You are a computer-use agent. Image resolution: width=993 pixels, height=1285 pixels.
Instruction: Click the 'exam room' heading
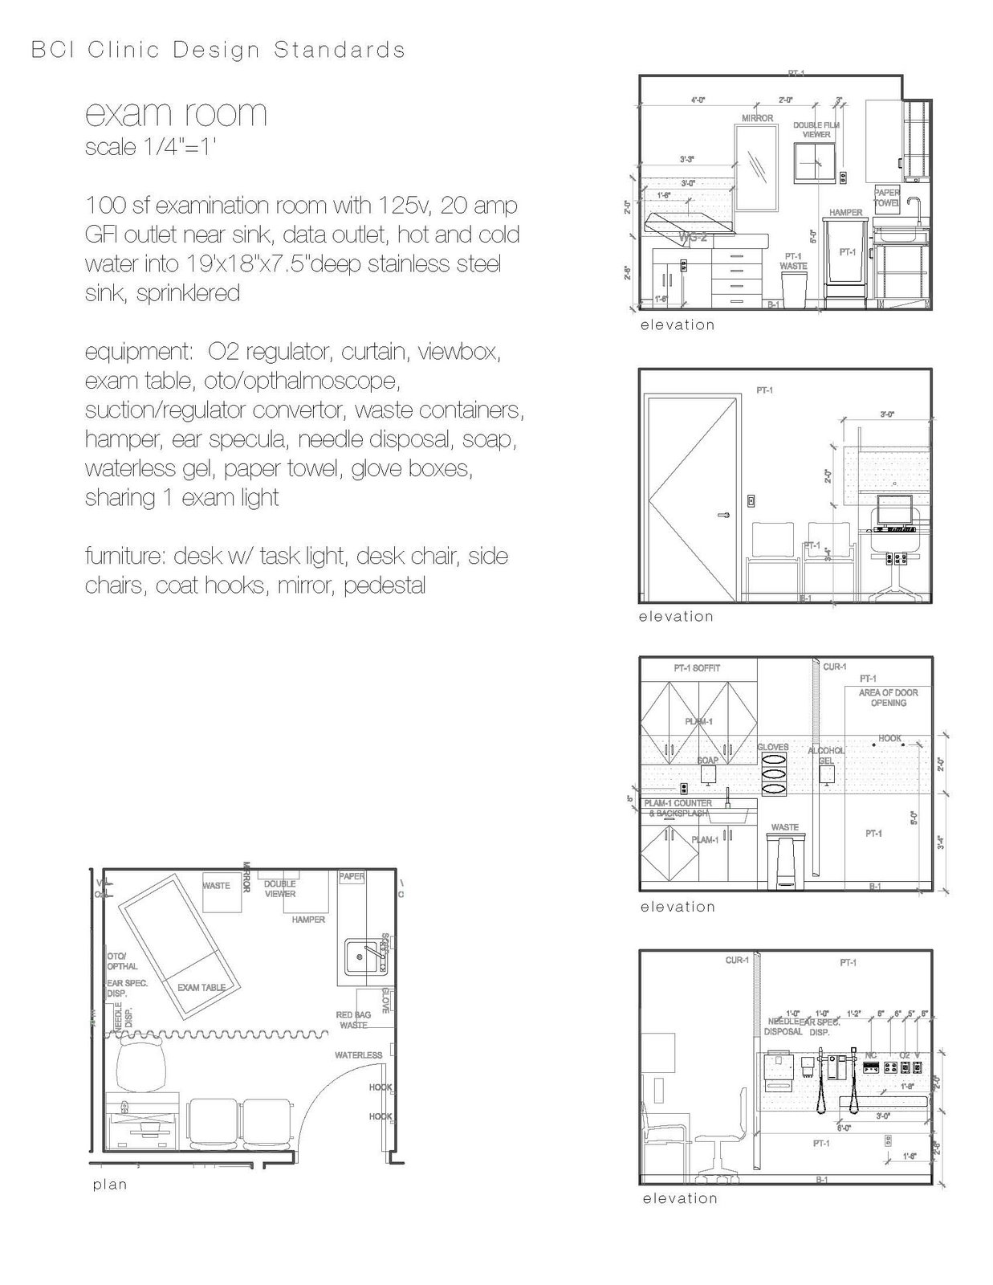tap(176, 113)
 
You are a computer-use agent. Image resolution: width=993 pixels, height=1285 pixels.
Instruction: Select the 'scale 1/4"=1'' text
tap(151, 148)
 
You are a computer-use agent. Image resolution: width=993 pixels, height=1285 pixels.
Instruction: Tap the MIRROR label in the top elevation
tap(757, 118)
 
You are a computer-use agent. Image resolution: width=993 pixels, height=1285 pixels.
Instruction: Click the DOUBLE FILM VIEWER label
tap(816, 129)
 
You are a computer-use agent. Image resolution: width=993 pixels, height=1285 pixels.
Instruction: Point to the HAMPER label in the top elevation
tap(845, 213)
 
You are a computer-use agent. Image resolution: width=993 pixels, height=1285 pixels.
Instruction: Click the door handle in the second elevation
tap(723, 515)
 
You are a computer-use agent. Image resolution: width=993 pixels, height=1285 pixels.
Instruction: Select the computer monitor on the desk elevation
tap(894, 509)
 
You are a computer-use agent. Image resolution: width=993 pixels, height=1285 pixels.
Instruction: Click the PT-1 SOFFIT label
tap(696, 668)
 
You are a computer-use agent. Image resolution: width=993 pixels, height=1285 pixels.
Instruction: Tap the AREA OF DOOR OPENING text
tap(888, 697)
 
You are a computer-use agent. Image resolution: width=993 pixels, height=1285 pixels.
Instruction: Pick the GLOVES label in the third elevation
tap(773, 747)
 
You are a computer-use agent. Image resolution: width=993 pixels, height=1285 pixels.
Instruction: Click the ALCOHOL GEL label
tap(826, 755)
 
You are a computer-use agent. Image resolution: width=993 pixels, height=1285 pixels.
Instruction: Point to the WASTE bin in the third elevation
tap(784, 861)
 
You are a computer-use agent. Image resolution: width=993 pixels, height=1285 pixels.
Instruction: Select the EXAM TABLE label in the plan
tap(201, 987)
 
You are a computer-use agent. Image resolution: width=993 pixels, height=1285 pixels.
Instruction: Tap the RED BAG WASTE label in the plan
tap(353, 1020)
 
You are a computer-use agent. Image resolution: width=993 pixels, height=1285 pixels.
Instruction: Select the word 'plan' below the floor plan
tap(110, 1184)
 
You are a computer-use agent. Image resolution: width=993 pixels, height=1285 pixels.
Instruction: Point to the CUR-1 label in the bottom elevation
tap(736, 960)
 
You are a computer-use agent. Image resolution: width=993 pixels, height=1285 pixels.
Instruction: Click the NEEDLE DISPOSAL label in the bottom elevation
tap(783, 1026)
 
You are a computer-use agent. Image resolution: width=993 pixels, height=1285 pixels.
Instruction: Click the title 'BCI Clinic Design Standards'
tap(218, 50)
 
